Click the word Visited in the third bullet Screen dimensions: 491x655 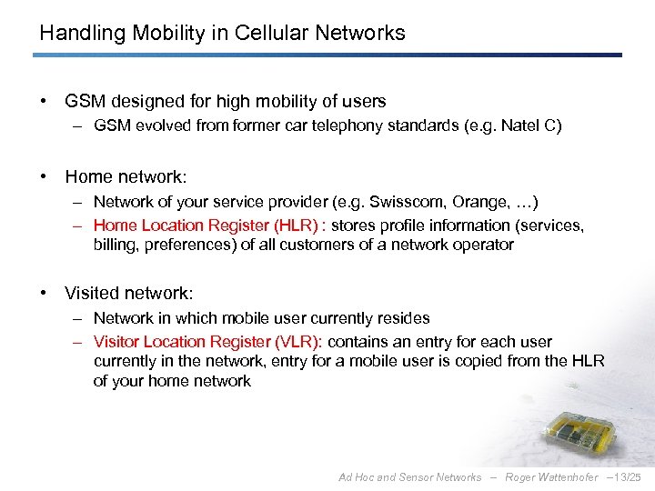94,294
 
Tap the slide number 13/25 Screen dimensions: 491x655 626,477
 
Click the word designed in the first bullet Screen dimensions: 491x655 148,102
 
